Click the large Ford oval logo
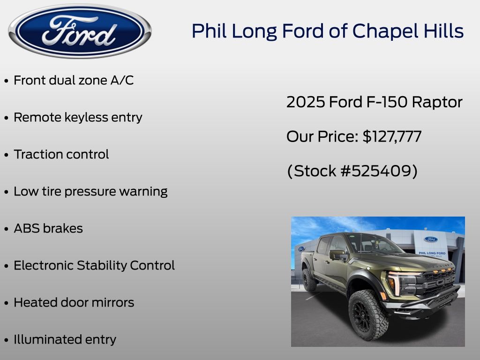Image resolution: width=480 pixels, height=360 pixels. point(80,31)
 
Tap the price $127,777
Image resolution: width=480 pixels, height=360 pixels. point(392,136)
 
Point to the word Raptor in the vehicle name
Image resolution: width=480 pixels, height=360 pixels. point(437,103)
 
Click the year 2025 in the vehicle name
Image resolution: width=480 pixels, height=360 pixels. point(306,102)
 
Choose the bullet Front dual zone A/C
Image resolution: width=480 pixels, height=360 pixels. point(74,81)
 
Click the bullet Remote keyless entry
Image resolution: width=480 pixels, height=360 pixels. point(78,118)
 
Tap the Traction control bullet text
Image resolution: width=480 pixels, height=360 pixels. point(61,154)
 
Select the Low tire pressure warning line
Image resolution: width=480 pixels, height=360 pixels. point(90,192)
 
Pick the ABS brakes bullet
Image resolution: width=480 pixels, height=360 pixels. point(48,228)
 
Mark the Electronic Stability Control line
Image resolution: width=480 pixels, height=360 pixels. point(94,265)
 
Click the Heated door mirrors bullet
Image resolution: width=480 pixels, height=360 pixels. point(74,302)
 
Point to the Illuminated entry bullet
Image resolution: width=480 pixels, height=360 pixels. point(65,339)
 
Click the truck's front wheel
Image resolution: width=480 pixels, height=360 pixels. point(367,315)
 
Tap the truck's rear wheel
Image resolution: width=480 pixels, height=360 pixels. point(309,279)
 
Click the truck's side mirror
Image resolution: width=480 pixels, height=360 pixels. point(337,255)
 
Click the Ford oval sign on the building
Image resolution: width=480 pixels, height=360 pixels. point(431,240)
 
